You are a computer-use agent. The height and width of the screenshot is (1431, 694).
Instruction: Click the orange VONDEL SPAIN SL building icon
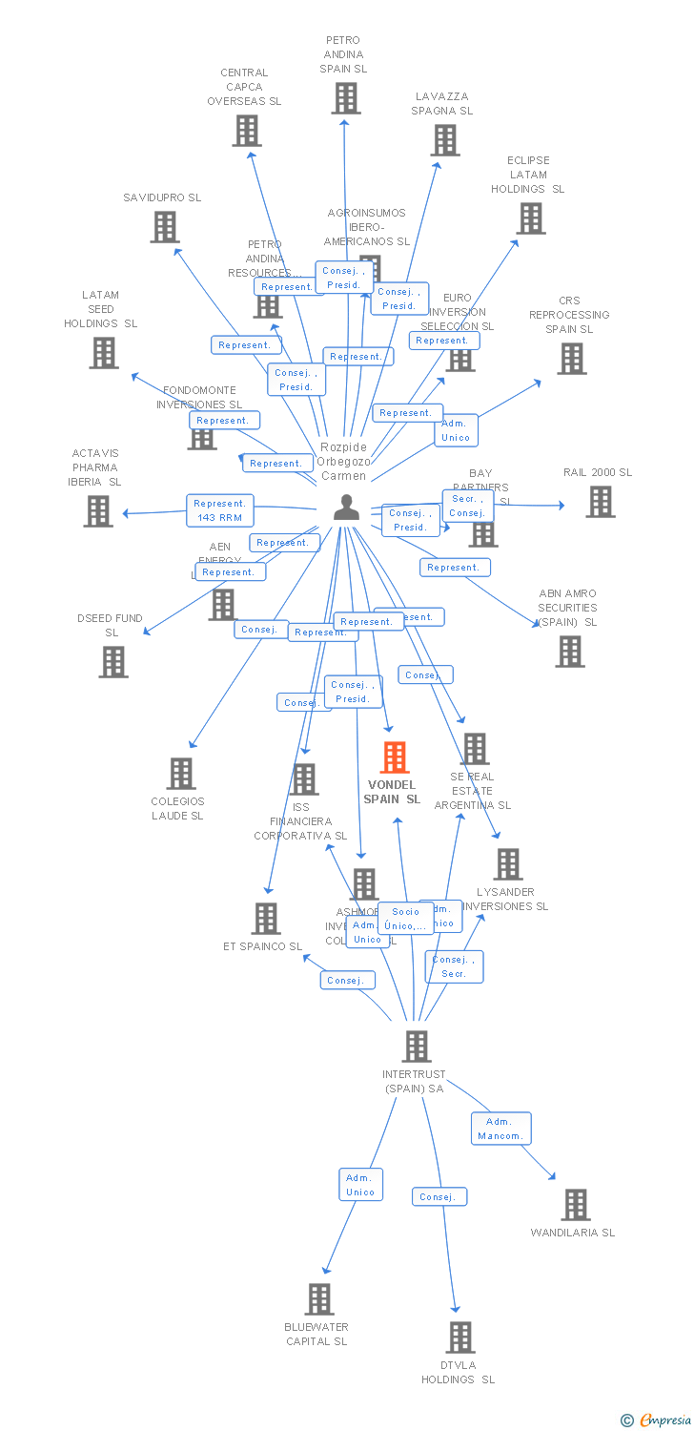pyautogui.click(x=395, y=757)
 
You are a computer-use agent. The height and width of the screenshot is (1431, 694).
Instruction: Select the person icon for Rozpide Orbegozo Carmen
pyautogui.click(x=345, y=507)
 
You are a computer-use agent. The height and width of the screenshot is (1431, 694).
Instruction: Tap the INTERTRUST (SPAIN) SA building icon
pyautogui.click(x=417, y=1047)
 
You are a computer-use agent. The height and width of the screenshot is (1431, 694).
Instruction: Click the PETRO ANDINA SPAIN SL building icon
pyautogui.click(x=346, y=97)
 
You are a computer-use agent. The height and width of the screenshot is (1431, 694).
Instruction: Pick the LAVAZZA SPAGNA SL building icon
pyautogui.click(x=445, y=140)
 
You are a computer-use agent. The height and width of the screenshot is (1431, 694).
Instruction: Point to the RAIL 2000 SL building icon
pyautogui.click(x=600, y=502)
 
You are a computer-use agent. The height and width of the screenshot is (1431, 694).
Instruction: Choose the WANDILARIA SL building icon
pyautogui.click(x=576, y=1205)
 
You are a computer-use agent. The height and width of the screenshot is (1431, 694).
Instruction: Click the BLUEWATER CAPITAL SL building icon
pyautogui.click(x=319, y=1299)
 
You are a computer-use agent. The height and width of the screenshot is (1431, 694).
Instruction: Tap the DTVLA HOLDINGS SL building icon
pyautogui.click(x=460, y=1338)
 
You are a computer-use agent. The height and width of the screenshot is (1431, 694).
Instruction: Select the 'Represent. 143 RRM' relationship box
pyautogui.click(x=220, y=510)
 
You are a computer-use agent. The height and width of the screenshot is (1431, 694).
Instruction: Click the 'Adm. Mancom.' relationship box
pyautogui.click(x=500, y=1129)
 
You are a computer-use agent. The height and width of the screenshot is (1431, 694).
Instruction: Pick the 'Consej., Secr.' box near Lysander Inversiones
pyautogui.click(x=454, y=966)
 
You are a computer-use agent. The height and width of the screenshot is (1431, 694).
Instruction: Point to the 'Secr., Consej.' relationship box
pyautogui.click(x=467, y=506)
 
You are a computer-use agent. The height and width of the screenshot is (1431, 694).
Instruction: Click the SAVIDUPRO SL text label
pyautogui.click(x=162, y=197)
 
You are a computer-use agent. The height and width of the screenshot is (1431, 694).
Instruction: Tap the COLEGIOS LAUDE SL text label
pyautogui.click(x=177, y=808)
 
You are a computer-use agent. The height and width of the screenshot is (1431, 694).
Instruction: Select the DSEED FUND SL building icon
pyautogui.click(x=112, y=661)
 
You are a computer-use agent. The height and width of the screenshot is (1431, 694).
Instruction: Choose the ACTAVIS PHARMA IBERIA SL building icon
pyautogui.click(x=98, y=511)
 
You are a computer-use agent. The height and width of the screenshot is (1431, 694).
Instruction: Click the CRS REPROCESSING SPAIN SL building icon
pyautogui.click(x=572, y=359)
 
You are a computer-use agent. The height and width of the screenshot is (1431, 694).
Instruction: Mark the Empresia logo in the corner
pyautogui.click(x=658, y=1421)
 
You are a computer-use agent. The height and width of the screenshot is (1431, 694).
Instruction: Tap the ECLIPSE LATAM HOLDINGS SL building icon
pyautogui.click(x=531, y=218)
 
